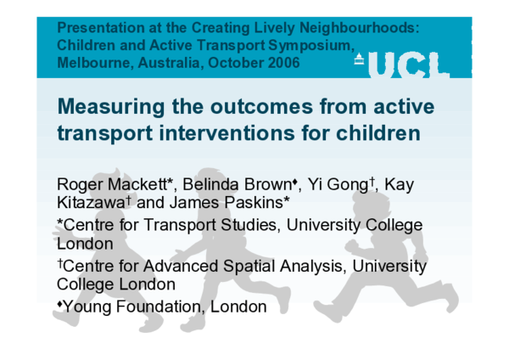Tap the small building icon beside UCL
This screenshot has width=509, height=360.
pyautogui.click(x=360, y=59)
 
